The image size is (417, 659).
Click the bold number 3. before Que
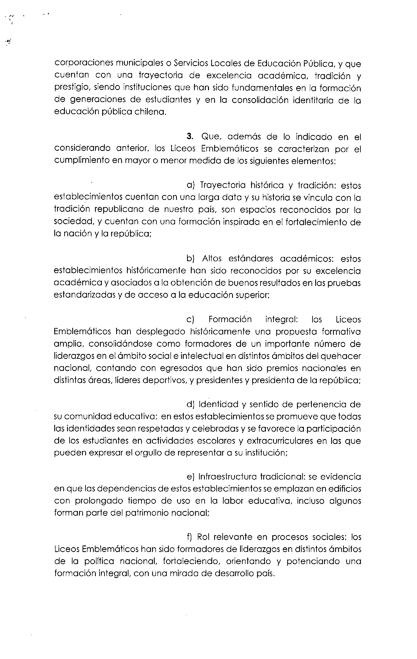point(190,137)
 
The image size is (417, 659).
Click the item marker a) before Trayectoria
point(190,185)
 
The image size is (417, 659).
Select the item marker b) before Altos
point(190,259)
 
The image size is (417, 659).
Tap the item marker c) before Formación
point(190,320)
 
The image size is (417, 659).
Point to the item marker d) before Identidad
point(190,405)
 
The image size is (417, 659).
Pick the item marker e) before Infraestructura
point(190,477)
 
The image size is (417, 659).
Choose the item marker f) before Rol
point(190,537)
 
